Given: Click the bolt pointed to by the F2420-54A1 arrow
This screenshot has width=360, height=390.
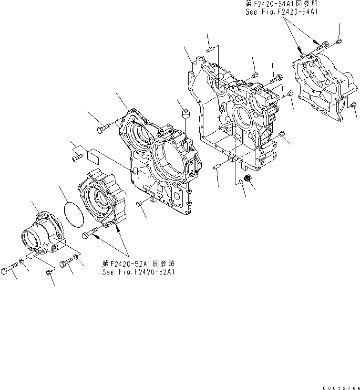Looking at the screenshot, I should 323,45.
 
